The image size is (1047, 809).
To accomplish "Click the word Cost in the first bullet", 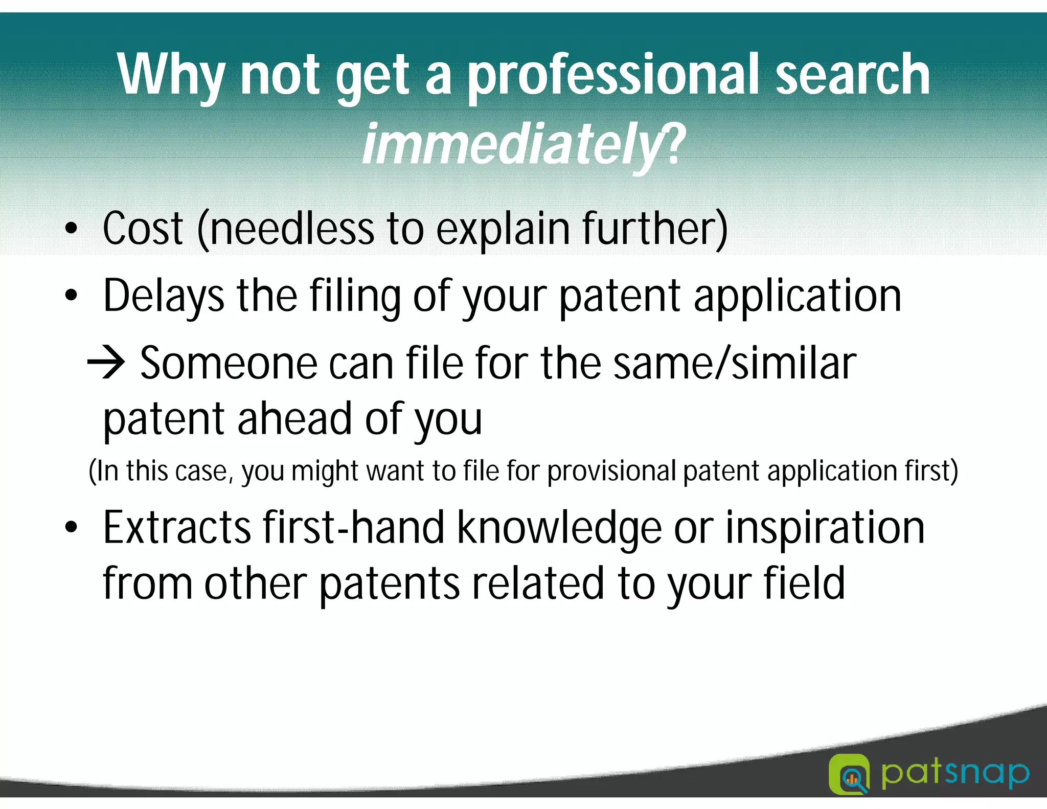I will coord(143,229).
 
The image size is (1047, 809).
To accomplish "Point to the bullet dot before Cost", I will coord(72,229).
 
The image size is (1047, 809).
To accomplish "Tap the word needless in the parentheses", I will coord(291,229).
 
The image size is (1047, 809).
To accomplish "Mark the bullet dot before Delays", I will coord(72,296).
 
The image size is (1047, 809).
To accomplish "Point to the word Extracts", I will coord(177,528).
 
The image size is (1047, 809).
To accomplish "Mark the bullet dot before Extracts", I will coord(72,528).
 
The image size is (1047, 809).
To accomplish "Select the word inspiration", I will coord(825,528).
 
